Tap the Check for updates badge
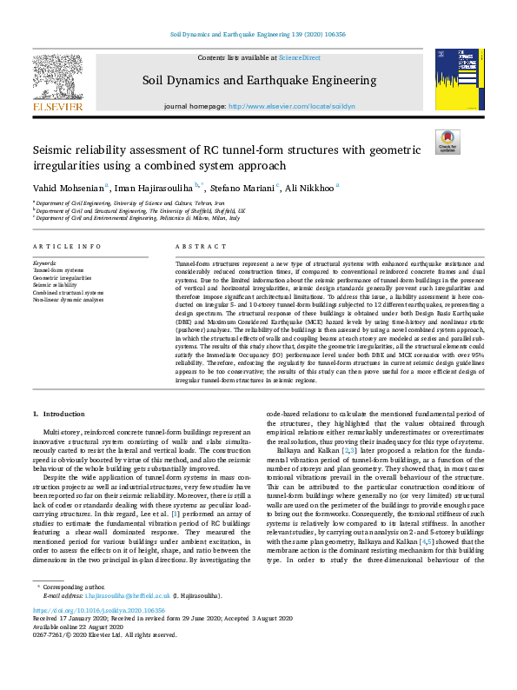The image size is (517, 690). coord(447,142)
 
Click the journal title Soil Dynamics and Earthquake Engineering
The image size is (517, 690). coord(259,81)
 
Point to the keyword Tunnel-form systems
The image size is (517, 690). coord(60,269)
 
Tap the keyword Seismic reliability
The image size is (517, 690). coord(56,284)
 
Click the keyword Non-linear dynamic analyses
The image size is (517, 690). coord(68,299)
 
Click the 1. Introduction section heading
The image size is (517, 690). coord(59,414)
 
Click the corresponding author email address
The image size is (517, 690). coord(117,619)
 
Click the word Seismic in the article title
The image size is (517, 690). coord(55,149)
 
